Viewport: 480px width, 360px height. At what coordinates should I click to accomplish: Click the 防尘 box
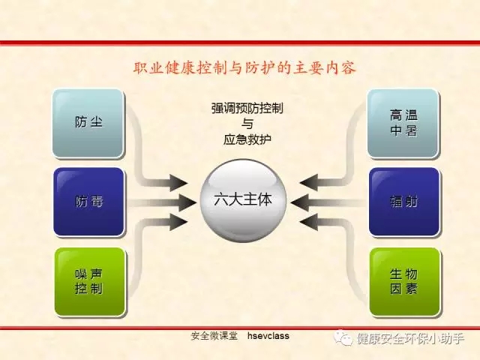pyautogui.click(x=88, y=123)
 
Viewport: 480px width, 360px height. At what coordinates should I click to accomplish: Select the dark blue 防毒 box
pyautogui.click(x=88, y=202)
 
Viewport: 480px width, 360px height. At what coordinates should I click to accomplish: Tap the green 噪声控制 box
pyautogui.click(x=90, y=282)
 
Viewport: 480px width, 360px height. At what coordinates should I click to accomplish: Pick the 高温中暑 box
pyautogui.click(x=403, y=123)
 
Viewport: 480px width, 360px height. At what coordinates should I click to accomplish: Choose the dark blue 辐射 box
pyautogui.click(x=403, y=202)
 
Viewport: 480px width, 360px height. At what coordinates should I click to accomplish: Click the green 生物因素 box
pyautogui.click(x=405, y=282)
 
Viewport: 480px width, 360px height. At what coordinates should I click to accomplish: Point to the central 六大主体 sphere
pyautogui.click(x=243, y=201)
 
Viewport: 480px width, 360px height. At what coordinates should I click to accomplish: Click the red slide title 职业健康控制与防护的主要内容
pyautogui.click(x=244, y=68)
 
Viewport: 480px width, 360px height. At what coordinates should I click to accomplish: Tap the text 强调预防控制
pyautogui.click(x=247, y=108)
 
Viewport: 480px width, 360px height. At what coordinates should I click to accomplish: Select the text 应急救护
pyautogui.click(x=247, y=139)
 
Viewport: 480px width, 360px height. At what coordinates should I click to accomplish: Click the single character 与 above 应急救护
pyautogui.click(x=247, y=124)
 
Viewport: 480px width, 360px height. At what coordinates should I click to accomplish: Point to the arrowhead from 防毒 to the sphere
pyautogui.click(x=187, y=202)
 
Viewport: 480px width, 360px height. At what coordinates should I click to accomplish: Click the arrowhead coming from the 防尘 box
pyautogui.click(x=178, y=183)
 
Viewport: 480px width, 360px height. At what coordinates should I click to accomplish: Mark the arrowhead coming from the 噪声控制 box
pyautogui.click(x=178, y=222)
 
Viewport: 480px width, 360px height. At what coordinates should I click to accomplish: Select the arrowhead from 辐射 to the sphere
pyautogui.click(x=300, y=202)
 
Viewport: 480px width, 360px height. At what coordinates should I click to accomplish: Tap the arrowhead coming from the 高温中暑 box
pyautogui.click(x=308, y=182)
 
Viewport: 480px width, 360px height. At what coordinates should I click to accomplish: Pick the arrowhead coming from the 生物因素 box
pyautogui.click(x=308, y=222)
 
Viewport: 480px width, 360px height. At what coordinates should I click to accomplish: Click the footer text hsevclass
pyautogui.click(x=268, y=336)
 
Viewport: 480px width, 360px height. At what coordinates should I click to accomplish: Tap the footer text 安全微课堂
pyautogui.click(x=214, y=336)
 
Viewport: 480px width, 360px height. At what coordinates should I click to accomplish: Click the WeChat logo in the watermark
pyautogui.click(x=343, y=337)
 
